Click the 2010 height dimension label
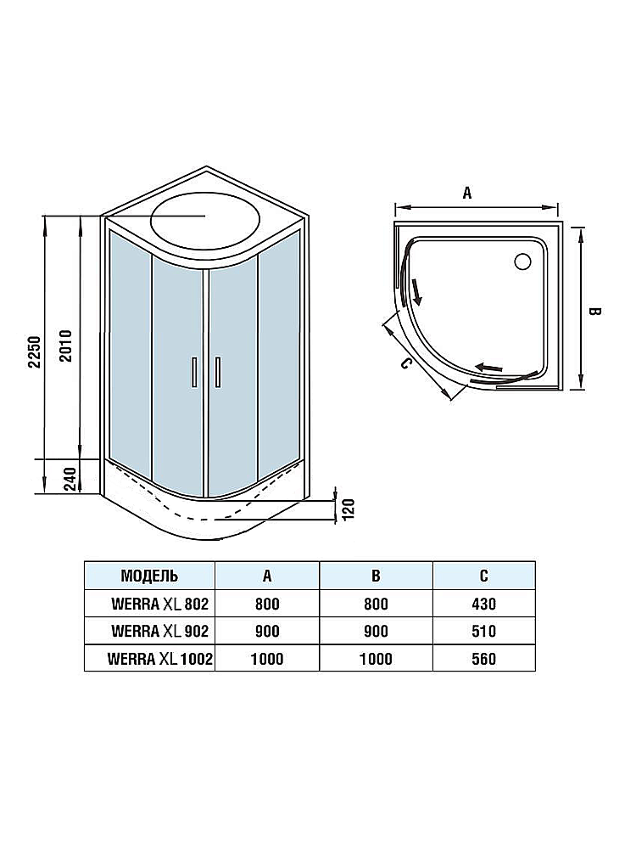[66, 345]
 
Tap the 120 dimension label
[347, 507]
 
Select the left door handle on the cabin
[194, 373]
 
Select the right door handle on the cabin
[218, 373]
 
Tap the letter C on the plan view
[405, 365]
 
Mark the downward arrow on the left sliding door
[416, 291]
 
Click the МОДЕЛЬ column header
[149, 575]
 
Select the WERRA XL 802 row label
[159, 604]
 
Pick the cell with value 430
[483, 604]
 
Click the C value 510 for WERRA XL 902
[483, 631]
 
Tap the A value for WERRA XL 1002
[266, 658]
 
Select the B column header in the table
[376, 575]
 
